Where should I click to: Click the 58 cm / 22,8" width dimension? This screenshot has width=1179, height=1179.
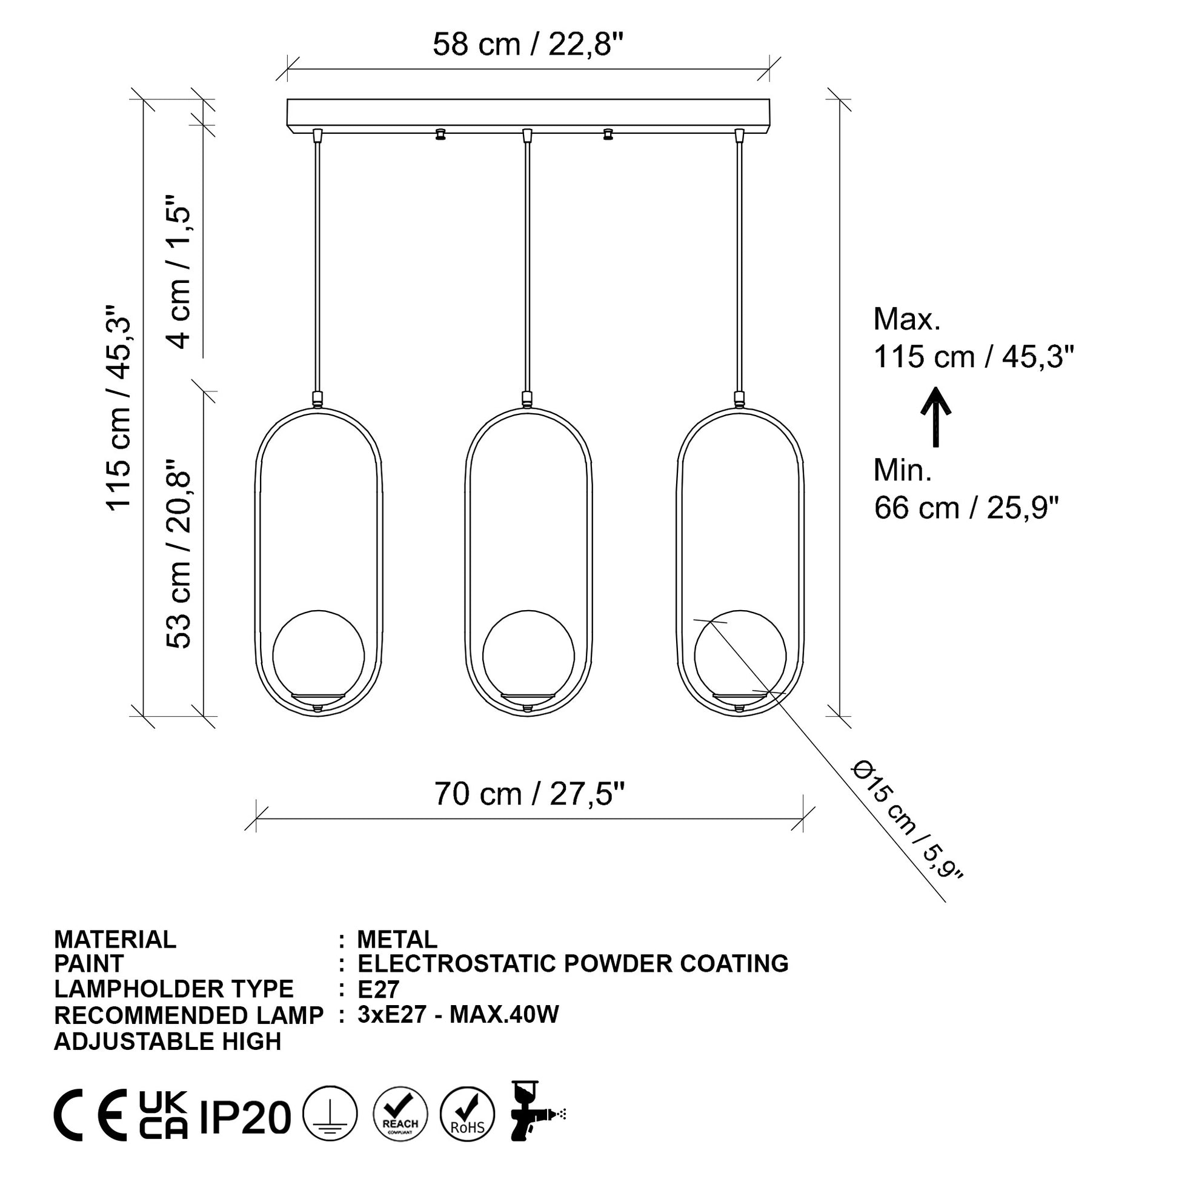pyautogui.click(x=528, y=45)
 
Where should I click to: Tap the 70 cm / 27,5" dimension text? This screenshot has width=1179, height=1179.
pyautogui.click(x=529, y=794)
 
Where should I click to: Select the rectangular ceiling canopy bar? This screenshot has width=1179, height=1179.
pyautogui.click(x=528, y=115)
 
